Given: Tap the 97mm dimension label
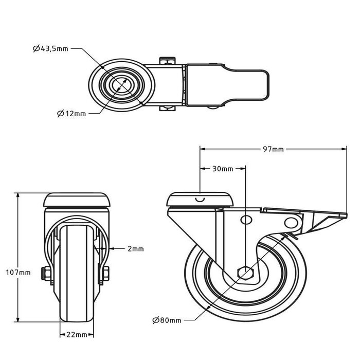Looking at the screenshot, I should coord(273,149).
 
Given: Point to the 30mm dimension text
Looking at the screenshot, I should coord(223,169).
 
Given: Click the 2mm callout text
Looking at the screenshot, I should coord(136,248).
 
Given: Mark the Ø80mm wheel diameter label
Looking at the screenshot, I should coord(167,320).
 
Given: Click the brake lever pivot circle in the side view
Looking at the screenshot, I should coord(292,222).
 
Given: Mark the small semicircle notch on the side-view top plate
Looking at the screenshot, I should coord(200,199).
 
